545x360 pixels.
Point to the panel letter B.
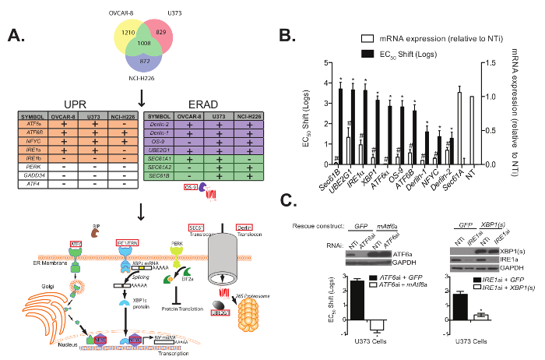(287, 36)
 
